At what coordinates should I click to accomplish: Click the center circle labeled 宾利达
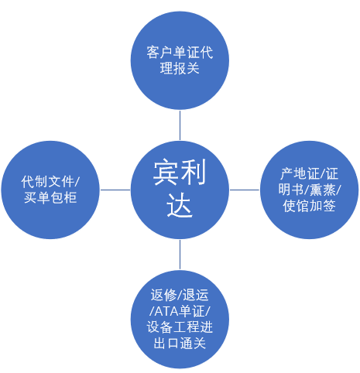tap(180, 190)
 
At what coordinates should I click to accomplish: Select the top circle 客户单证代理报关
tap(180, 60)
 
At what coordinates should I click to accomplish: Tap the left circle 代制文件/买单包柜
tap(50, 190)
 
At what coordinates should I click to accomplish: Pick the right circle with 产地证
tap(309, 190)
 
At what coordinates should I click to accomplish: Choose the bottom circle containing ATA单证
tap(180, 320)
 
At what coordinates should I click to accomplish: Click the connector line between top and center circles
tap(180, 125)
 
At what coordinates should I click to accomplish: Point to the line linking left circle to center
tap(115, 190)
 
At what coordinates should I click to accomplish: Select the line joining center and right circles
tap(245, 190)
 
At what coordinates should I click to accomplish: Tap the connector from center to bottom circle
tap(180, 255)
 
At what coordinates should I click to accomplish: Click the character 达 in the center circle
tap(180, 205)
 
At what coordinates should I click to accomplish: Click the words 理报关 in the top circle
tap(180, 68)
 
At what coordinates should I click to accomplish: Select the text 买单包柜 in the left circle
tap(50, 198)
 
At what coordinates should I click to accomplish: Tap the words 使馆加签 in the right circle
tap(309, 206)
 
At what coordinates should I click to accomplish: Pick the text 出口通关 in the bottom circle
tap(180, 344)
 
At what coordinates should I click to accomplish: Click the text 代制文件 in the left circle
tap(48, 182)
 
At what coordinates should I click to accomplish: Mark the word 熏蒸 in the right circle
tap(323, 190)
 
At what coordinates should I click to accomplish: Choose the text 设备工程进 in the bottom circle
tap(180, 327)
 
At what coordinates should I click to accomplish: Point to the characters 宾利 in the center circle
tap(180, 172)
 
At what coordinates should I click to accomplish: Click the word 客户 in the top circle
tap(160, 52)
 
